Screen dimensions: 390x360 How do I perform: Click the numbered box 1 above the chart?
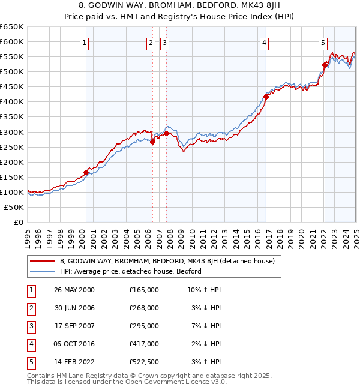click(85, 43)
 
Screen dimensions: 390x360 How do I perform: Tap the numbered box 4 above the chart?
click(264, 43)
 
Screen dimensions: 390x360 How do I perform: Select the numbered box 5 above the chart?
click(323, 43)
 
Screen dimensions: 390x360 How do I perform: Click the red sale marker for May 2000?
click(86, 172)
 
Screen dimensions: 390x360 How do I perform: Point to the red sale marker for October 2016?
click(266, 96)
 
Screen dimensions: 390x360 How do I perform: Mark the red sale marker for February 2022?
click(325, 65)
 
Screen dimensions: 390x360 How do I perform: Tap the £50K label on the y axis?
click(14, 207)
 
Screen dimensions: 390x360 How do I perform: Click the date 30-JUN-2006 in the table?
click(74, 308)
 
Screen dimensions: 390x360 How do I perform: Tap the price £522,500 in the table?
click(144, 362)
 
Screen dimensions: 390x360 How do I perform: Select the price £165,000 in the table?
click(144, 290)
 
